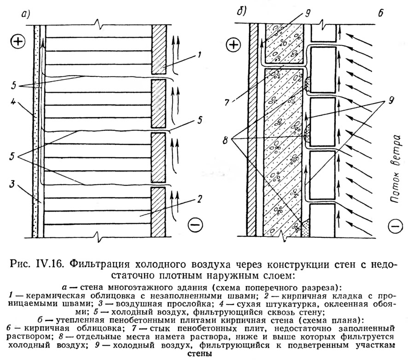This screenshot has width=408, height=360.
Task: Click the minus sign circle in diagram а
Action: [x=195, y=225]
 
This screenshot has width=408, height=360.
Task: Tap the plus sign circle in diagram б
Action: [x=234, y=44]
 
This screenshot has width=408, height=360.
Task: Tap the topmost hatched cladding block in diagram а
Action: [x=158, y=49]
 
